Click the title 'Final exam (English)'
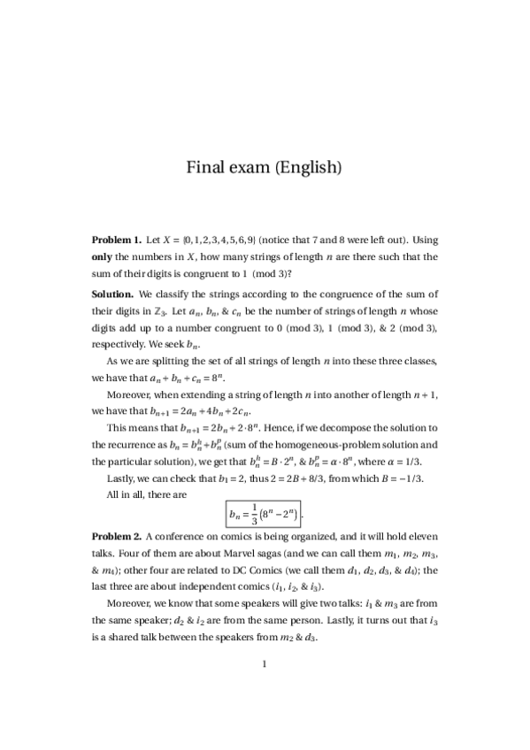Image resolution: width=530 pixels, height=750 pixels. coord(264,166)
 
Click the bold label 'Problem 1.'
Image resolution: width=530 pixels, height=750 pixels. coord(117,240)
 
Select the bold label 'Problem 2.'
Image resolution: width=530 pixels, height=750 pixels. coord(117,536)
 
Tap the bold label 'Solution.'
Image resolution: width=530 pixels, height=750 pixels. coord(113,293)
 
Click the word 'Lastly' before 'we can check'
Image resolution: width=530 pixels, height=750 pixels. coord(123,478)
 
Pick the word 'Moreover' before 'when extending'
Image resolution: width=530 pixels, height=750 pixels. coord(131,394)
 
